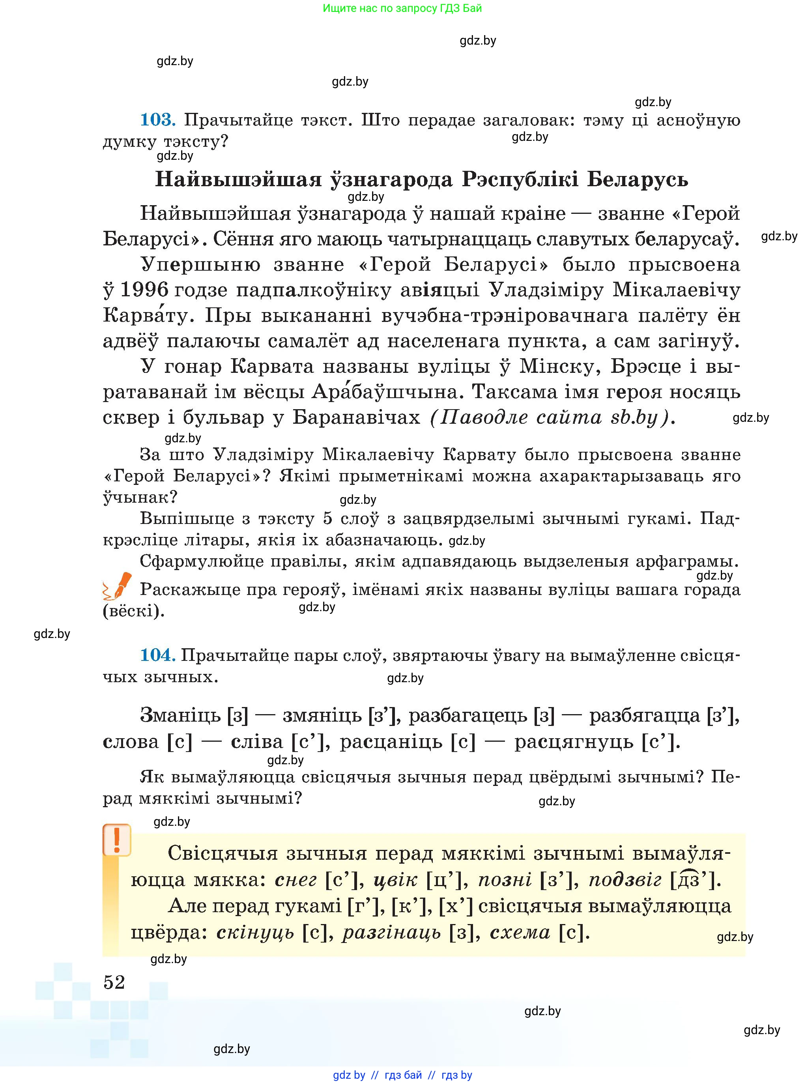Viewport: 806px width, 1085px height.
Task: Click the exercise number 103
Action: (x=157, y=120)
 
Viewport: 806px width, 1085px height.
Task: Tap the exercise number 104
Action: (x=157, y=655)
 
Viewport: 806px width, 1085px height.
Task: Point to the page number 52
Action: (x=114, y=982)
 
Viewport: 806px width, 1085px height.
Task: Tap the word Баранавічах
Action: (x=356, y=417)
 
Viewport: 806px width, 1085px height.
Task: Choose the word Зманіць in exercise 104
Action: (x=180, y=716)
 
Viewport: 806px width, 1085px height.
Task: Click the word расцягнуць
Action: (x=573, y=741)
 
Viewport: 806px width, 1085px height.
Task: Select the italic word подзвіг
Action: (x=625, y=879)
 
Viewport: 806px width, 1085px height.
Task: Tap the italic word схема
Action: (x=520, y=932)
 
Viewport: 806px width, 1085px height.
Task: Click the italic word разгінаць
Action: (x=391, y=932)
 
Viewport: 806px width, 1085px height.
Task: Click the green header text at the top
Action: (x=402, y=8)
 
